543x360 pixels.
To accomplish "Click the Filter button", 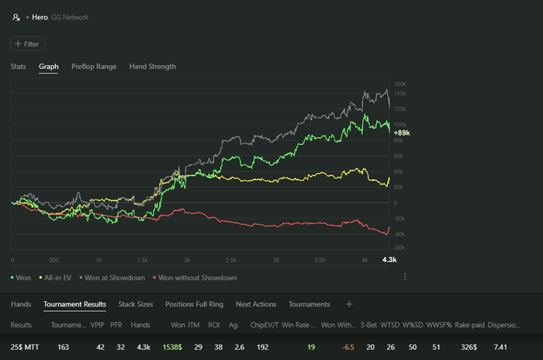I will pos(27,44).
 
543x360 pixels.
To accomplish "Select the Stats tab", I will pos(19,67).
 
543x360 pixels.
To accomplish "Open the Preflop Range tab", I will pos(94,67).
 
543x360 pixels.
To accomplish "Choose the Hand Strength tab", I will pos(152,67).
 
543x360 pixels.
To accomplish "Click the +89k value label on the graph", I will pos(402,133).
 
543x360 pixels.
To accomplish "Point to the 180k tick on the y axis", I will pos(400,83).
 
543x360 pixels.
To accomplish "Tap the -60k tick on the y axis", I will pos(400,247).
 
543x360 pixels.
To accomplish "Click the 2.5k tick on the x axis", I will pos(231,260).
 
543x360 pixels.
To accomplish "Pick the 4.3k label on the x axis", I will pos(389,260).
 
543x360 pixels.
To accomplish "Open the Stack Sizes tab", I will pos(135,304).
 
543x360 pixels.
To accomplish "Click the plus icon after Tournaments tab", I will pos(349,304).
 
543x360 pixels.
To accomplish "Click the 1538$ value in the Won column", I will pos(174,348).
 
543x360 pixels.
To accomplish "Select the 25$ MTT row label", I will pos(27,348).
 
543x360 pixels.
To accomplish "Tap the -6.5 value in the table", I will pos(348,348).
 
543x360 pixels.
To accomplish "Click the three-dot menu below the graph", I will pos(404,276).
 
